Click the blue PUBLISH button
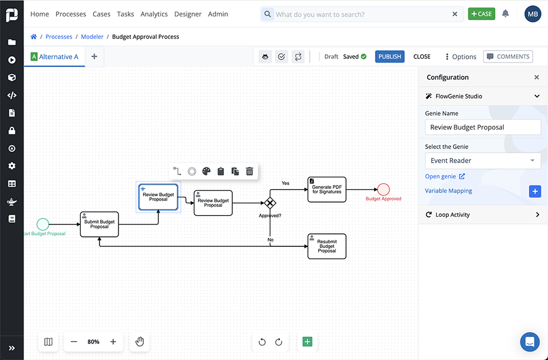tap(389, 57)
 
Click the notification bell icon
tap(505, 14)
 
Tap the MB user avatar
tap(533, 14)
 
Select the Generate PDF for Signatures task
tap(326, 190)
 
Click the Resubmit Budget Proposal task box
tap(326, 246)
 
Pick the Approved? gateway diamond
tap(270, 203)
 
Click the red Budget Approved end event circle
tap(384, 189)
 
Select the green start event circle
tap(42, 224)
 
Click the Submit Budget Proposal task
tap(100, 224)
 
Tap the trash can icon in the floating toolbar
tap(250, 171)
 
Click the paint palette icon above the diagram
tap(206, 171)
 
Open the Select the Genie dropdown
tap(483, 160)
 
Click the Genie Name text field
tap(483, 127)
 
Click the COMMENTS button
tap(508, 57)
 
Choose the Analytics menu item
tap(154, 14)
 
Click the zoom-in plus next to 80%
tap(113, 342)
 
